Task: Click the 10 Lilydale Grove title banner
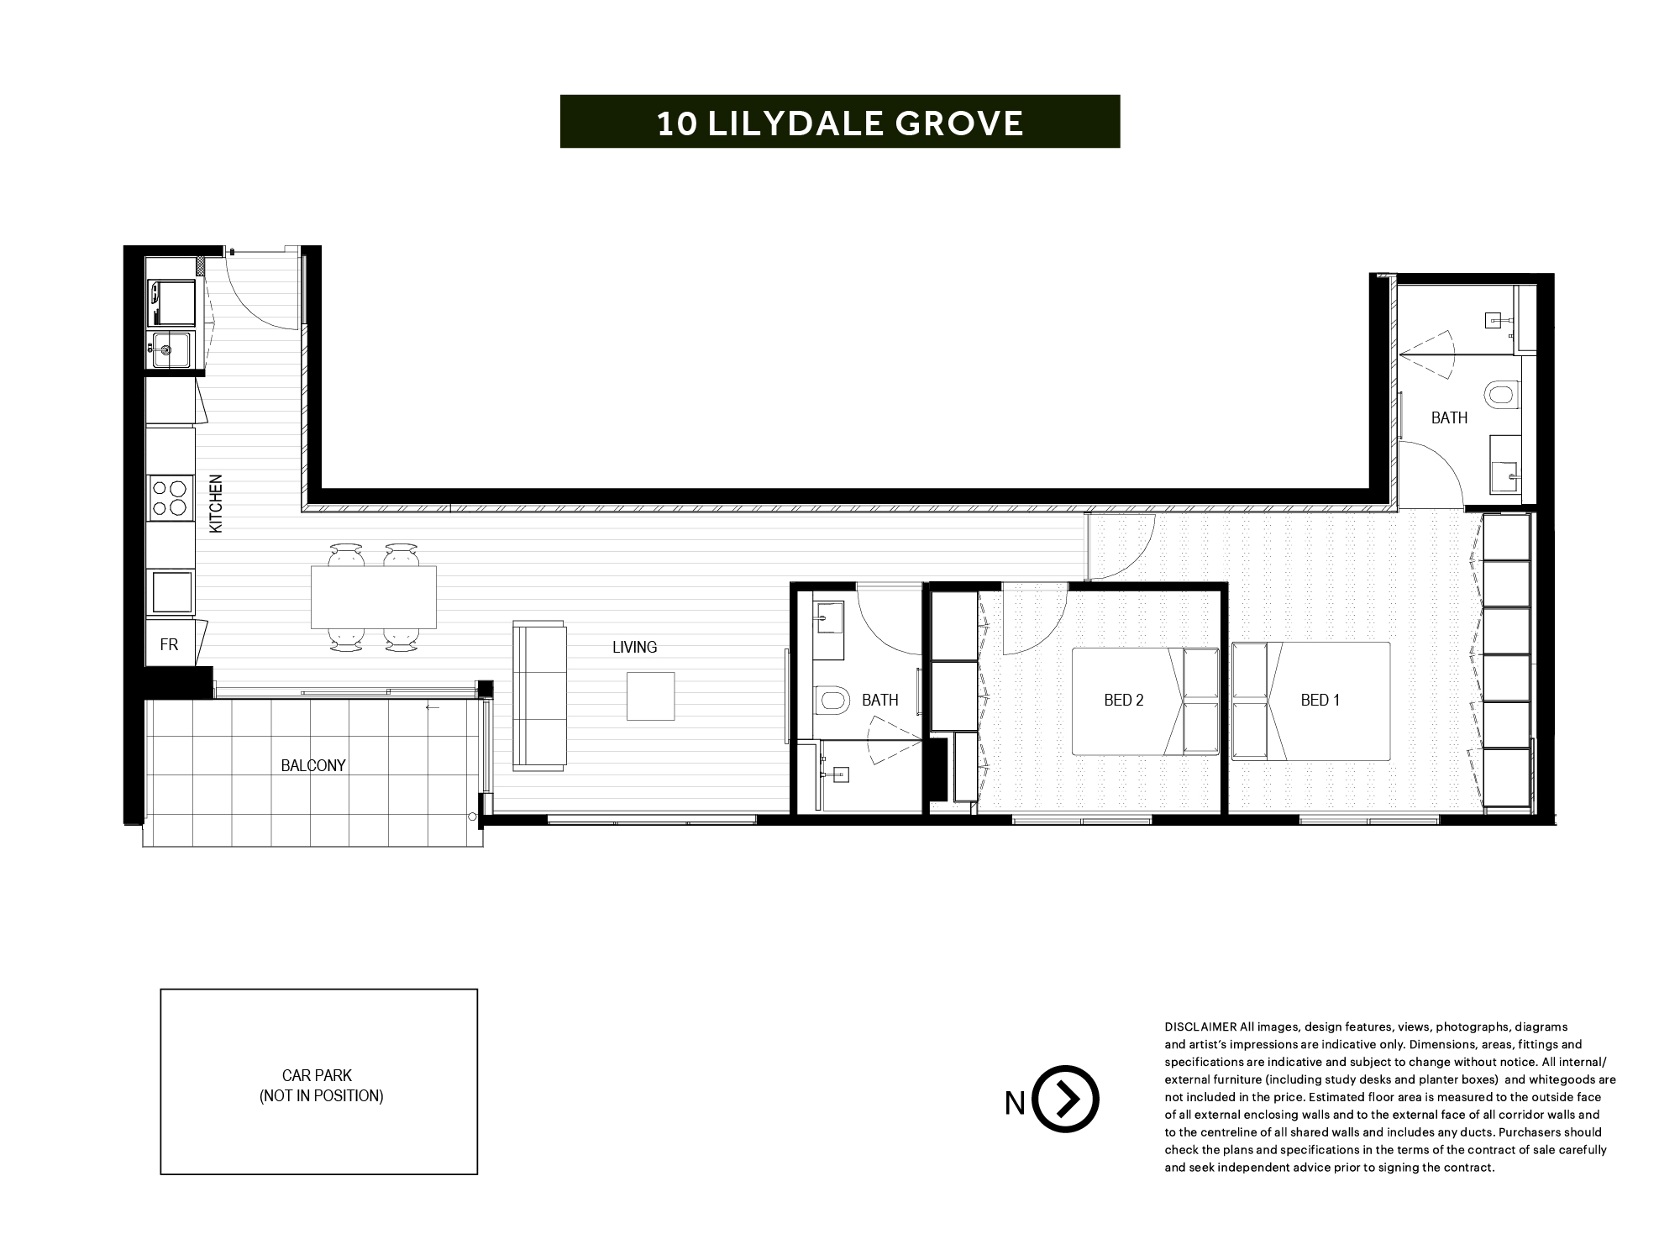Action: point(840,122)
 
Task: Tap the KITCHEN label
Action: point(216,504)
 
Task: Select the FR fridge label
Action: point(169,645)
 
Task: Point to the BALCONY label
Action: point(313,765)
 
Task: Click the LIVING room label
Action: point(634,647)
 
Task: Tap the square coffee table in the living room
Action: point(650,696)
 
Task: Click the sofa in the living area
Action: point(539,696)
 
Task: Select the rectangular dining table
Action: point(374,597)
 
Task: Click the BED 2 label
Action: point(1124,700)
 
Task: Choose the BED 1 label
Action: point(1320,700)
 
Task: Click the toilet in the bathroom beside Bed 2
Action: point(832,699)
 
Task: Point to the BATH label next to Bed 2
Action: point(879,700)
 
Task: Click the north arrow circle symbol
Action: point(1065,1099)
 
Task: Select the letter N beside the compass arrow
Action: point(1015,1103)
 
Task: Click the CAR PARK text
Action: point(317,1075)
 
